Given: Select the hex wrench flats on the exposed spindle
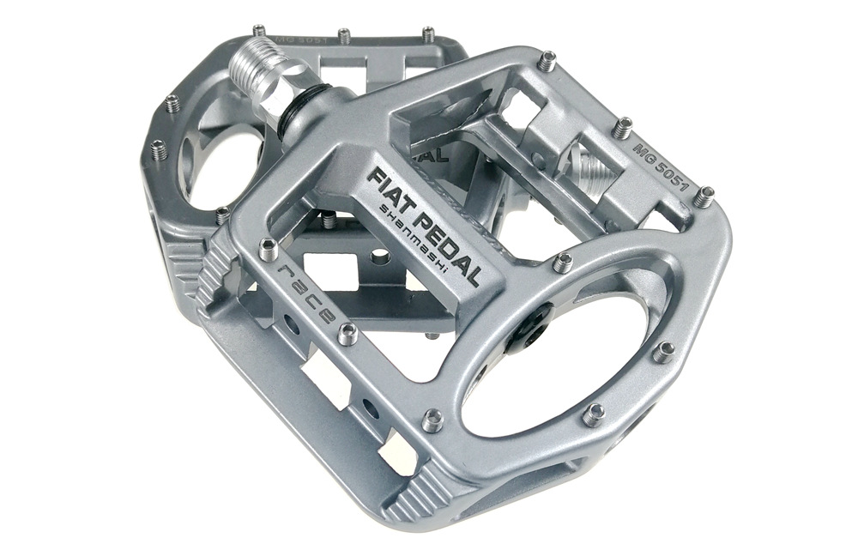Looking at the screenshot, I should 287,82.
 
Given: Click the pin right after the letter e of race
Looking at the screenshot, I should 347,335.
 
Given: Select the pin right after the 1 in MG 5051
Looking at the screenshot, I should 704,196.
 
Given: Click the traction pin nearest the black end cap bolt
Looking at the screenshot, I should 563,263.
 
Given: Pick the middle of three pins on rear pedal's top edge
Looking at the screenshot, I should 344,36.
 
